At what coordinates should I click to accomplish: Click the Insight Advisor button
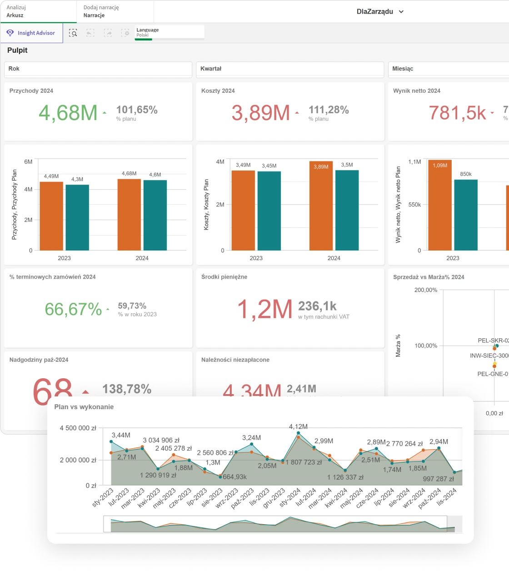[31, 33]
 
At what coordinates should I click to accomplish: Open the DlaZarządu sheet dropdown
[380, 12]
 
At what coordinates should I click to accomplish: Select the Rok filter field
[98, 69]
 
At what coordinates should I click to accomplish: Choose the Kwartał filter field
[289, 69]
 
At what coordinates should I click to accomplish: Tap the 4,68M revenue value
[68, 113]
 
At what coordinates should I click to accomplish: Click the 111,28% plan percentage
[329, 110]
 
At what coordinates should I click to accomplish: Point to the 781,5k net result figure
[457, 113]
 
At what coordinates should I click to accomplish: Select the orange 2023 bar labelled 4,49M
[51, 216]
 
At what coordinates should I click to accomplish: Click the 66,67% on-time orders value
[73, 310]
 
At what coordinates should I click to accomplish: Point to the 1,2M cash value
[264, 310]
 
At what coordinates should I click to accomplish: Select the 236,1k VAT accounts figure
[317, 306]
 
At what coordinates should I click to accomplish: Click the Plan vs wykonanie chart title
[84, 407]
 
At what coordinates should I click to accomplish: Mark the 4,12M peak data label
[298, 426]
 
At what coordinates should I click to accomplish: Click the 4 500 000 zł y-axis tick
[78, 428]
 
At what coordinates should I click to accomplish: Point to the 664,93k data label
[235, 477]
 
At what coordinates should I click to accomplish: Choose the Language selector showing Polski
[169, 32]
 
